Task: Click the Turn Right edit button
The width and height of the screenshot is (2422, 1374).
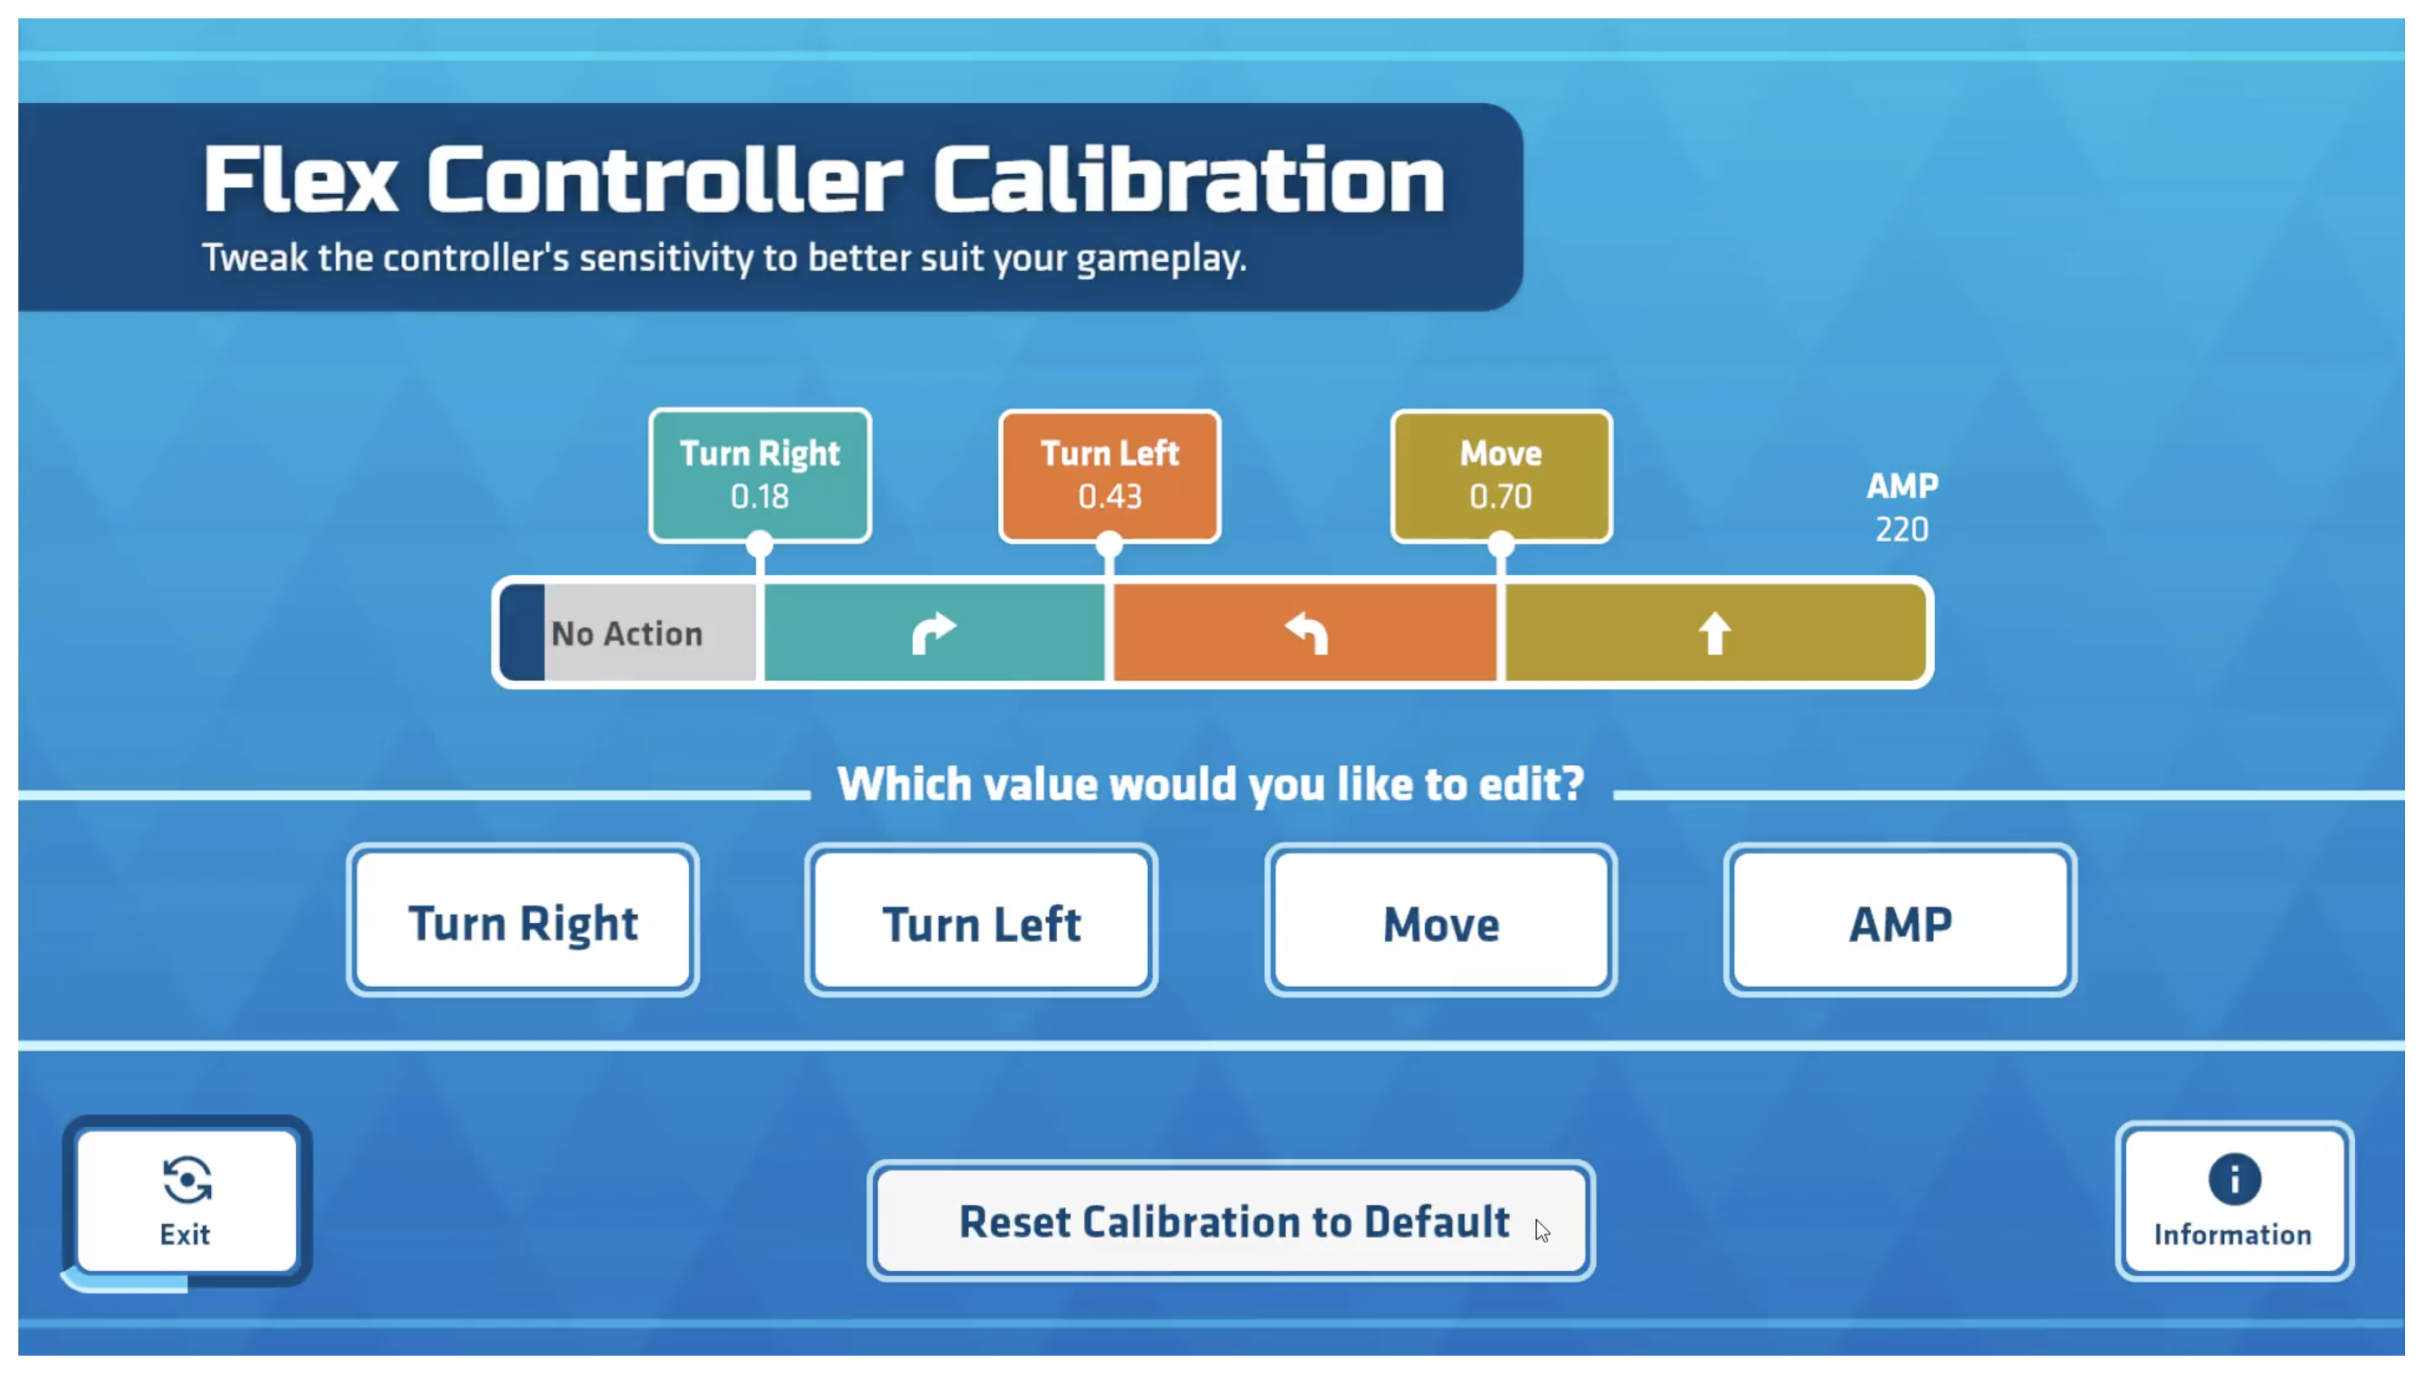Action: point(523,920)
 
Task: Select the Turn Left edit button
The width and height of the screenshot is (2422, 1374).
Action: point(981,920)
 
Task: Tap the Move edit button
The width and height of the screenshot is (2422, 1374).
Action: point(1440,920)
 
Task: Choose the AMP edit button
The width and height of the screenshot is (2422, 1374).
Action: point(1900,920)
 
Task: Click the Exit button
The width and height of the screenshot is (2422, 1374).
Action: point(187,1200)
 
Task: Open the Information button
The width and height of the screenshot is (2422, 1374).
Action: point(2233,1200)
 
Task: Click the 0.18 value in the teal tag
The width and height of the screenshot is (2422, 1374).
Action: point(759,496)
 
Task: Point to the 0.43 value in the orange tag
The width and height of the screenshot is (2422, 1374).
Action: point(1110,496)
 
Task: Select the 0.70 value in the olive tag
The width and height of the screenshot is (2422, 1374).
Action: point(1501,496)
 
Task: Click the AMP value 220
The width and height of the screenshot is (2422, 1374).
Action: point(1902,530)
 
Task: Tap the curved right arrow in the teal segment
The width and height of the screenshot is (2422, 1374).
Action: point(933,633)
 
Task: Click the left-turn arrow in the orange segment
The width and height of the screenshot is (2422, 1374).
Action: point(1307,633)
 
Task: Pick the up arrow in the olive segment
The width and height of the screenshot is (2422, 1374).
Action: point(1714,633)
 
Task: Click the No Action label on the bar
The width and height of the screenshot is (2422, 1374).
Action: point(627,633)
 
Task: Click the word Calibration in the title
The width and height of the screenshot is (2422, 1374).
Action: point(1189,179)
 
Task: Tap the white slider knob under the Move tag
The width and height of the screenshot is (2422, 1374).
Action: point(1501,544)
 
